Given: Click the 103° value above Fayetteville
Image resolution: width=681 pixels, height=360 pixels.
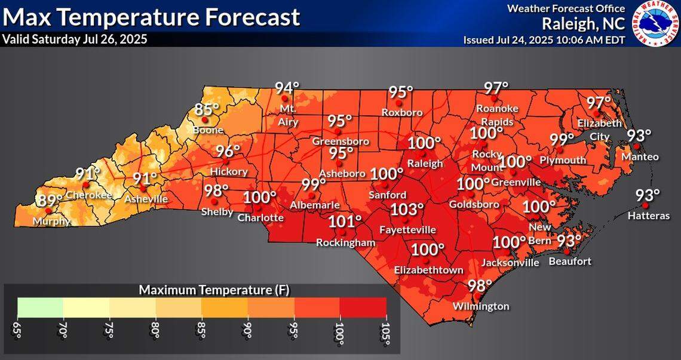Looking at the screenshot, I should pyautogui.click(x=407, y=210).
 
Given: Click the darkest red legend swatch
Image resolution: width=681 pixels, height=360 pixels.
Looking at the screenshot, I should pyautogui.click(x=363, y=307).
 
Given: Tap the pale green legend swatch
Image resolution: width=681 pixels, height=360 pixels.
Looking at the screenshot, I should pyautogui.click(x=41, y=307).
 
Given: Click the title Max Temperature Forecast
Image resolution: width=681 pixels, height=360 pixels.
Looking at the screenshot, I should pyautogui.click(x=151, y=17).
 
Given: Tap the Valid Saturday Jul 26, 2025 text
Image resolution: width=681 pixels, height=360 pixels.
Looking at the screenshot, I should pyautogui.click(x=75, y=39).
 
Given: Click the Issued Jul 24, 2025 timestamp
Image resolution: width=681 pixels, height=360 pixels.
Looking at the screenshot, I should pyautogui.click(x=544, y=40).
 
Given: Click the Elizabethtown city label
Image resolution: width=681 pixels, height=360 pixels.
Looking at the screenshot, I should pyautogui.click(x=428, y=270).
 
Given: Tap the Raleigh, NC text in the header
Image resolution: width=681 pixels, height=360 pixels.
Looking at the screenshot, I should pyautogui.click(x=583, y=23).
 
